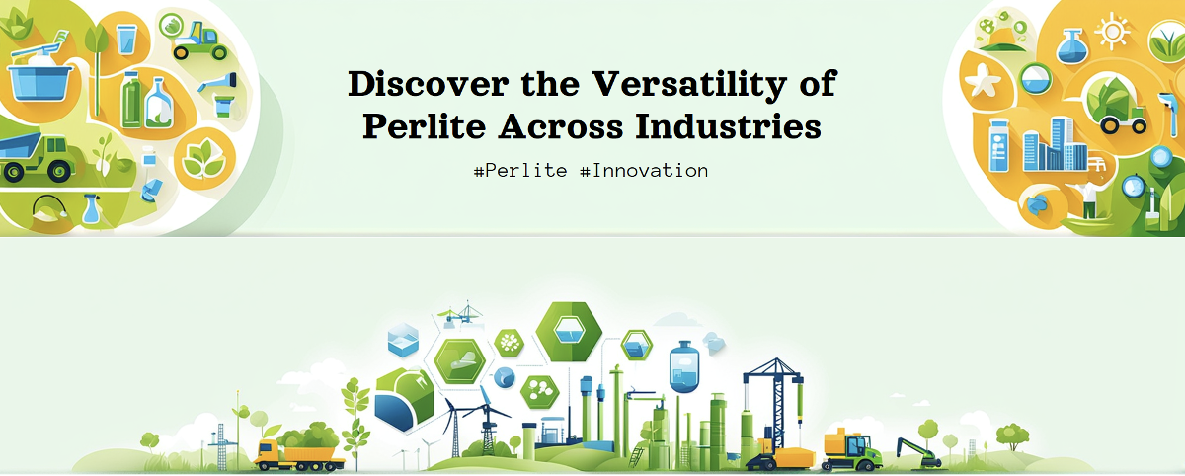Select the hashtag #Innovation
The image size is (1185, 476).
point(644,170)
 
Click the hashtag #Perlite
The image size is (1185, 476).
point(520,170)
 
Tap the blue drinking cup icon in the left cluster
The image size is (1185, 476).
point(126,40)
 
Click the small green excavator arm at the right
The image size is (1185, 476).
point(917,449)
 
